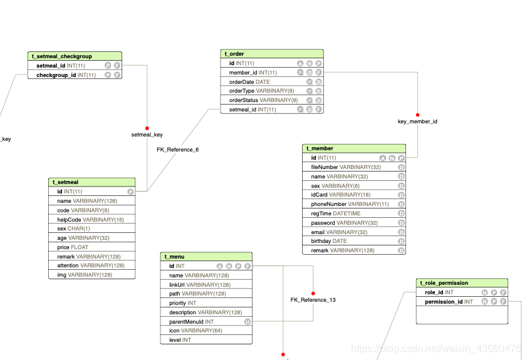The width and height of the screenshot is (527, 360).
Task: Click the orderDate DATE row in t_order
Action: point(250,82)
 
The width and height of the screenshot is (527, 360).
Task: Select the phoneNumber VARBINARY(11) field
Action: point(350,204)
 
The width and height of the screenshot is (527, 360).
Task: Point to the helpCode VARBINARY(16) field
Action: point(91,220)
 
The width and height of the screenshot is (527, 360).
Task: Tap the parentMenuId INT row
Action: point(192,322)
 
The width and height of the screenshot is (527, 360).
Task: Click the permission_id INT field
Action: point(449,302)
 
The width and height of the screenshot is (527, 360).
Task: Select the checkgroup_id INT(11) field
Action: point(66,75)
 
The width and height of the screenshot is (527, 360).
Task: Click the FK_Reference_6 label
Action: point(177,150)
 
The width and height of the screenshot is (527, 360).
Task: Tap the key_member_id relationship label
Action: point(417,121)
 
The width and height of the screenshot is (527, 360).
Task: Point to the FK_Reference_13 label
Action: point(313,300)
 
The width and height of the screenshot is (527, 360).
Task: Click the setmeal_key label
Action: point(147,135)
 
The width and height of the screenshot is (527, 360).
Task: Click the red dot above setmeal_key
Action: point(147,128)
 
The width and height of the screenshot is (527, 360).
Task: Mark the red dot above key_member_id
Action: point(418,114)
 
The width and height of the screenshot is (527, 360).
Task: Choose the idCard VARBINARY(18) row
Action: point(341,195)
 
